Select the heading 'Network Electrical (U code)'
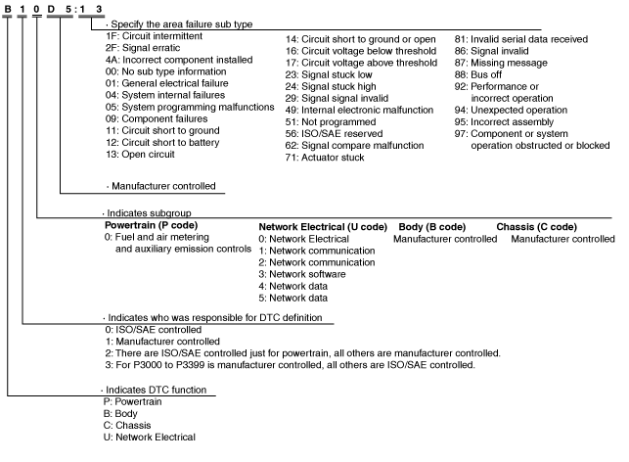[x=323, y=226]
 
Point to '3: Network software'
[x=304, y=274]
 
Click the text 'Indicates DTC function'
[x=156, y=391]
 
